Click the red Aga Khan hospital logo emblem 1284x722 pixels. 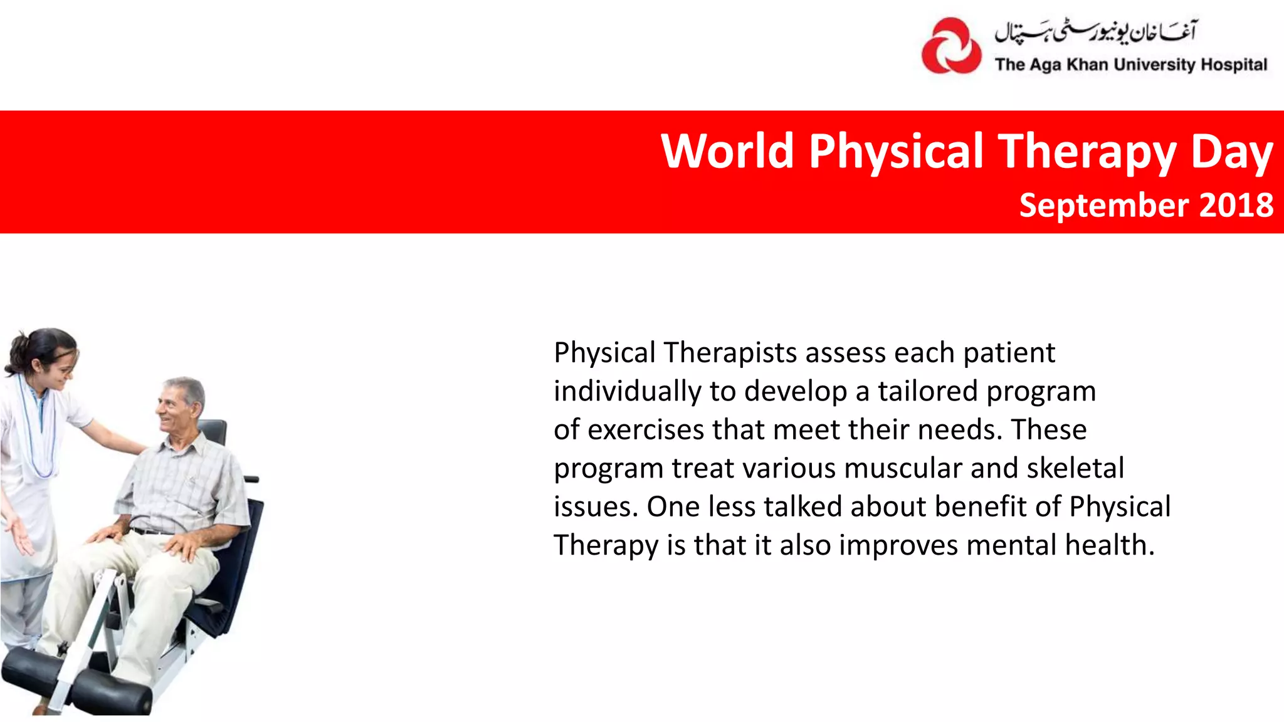(951, 46)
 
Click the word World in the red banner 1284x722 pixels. (727, 152)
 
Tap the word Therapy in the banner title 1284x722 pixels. (1088, 152)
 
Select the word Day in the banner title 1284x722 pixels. (1231, 153)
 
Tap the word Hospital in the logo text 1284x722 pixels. (1233, 65)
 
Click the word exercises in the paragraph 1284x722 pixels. (646, 431)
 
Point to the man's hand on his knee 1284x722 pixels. (182, 545)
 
